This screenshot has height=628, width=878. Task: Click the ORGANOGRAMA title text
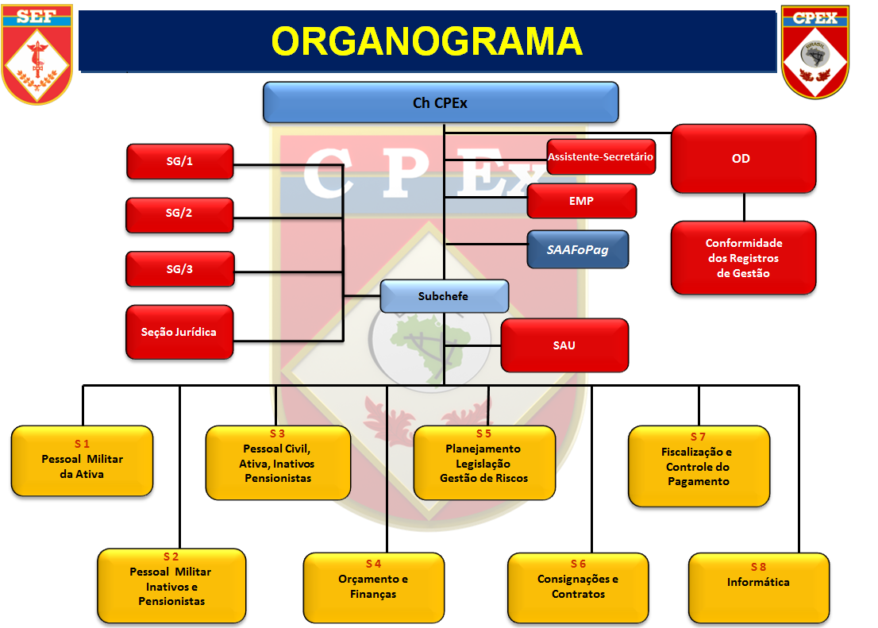(426, 41)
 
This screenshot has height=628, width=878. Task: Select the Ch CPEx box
(441, 102)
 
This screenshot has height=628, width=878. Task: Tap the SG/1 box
(179, 161)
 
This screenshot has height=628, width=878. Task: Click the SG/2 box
(179, 214)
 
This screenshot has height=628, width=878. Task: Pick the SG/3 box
(179, 269)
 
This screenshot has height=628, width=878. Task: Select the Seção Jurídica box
(179, 332)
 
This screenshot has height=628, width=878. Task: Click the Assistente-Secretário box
(601, 157)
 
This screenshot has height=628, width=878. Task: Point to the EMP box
(581, 201)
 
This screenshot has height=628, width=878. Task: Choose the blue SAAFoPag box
(577, 249)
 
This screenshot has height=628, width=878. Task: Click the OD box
(743, 159)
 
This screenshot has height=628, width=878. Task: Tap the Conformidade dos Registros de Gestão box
(743, 258)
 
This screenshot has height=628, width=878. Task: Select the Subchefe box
(444, 296)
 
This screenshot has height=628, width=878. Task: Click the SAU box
(564, 345)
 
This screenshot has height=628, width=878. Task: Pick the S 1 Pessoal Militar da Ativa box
(82, 461)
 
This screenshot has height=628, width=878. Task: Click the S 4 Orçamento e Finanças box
(373, 588)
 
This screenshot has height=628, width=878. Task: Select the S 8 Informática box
(758, 588)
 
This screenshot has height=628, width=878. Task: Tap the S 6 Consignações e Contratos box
(578, 588)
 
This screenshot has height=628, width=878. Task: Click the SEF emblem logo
(37, 52)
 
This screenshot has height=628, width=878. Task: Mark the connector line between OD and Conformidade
(744, 207)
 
